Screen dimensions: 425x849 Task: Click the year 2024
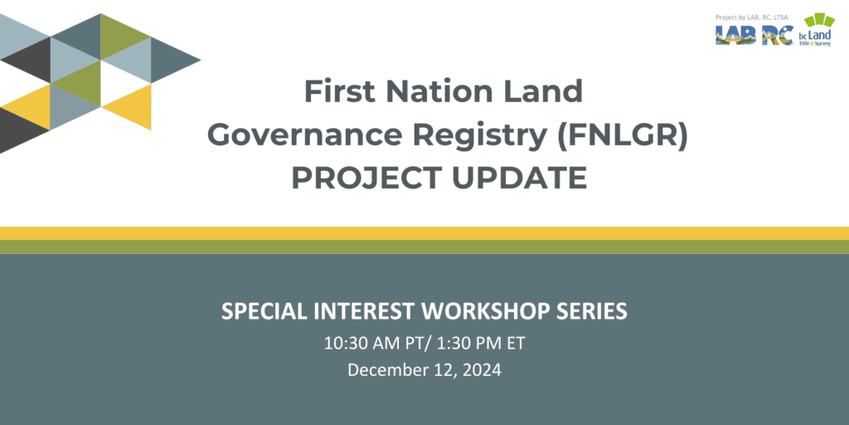(x=482, y=370)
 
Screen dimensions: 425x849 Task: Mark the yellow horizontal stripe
(x=424, y=233)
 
